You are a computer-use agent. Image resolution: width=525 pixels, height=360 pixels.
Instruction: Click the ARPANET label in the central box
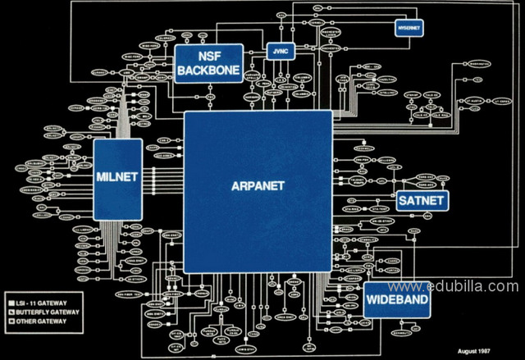[x=258, y=186]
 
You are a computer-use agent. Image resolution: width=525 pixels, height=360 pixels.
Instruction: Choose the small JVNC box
[x=278, y=51]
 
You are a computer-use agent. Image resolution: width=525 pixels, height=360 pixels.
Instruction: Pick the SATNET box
[x=420, y=200]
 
